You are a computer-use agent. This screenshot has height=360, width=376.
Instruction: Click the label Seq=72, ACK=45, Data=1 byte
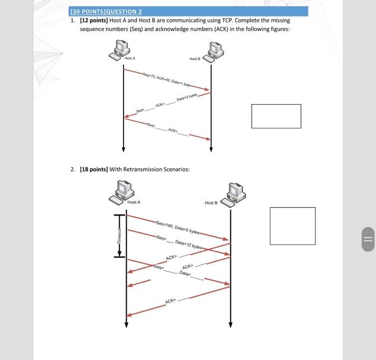point(167,79)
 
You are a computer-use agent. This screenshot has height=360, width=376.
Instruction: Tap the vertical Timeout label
point(120,236)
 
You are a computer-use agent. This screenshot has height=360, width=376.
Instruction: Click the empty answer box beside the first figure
point(276,116)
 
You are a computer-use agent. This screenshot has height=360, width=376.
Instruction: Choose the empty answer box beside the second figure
point(292,225)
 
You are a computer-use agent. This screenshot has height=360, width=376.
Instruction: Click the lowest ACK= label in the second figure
point(172,302)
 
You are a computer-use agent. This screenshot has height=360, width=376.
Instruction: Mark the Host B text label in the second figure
point(211,203)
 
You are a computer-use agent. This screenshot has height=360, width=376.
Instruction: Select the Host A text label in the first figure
point(129,58)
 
